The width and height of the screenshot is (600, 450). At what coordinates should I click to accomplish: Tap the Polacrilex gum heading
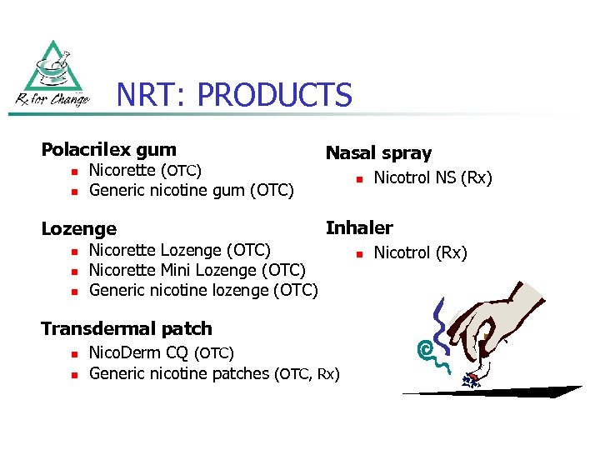pos(108,150)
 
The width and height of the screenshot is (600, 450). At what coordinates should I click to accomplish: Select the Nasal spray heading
pos(378,153)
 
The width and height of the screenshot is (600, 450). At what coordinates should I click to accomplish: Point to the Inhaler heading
pos(359,227)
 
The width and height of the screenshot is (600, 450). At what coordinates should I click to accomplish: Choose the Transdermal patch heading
pos(127,328)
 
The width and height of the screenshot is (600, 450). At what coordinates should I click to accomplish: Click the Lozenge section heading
pos(78,228)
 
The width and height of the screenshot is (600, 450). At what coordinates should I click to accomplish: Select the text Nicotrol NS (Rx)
pos(432,178)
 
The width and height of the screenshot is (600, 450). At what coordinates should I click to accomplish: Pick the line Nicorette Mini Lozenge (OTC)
pos(197,270)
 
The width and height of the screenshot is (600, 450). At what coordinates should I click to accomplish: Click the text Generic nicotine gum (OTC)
pos(192,191)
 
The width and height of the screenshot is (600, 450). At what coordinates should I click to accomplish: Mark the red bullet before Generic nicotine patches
pos(72,374)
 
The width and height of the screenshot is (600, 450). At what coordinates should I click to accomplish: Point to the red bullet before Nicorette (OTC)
pos(72,172)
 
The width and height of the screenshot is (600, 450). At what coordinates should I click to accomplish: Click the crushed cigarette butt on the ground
pos(472,380)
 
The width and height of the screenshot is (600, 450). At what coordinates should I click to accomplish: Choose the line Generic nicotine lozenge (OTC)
pos(203,291)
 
